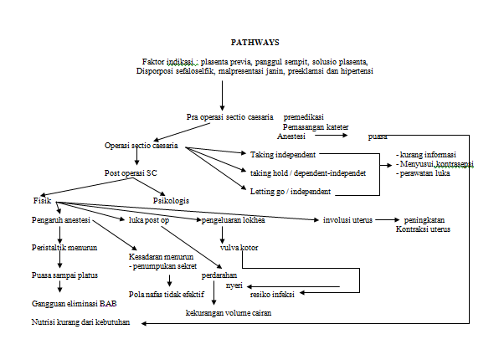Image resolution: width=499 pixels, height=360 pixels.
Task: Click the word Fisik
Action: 42,201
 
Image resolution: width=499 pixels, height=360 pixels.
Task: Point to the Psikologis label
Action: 172,201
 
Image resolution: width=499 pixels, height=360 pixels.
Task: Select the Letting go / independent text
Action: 288,192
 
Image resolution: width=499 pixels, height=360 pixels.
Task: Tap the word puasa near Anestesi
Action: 378,136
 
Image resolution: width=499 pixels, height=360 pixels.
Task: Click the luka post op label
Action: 150,220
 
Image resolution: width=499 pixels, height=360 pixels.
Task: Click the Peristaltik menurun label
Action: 60,249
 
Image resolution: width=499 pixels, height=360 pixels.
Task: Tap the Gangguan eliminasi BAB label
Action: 68,304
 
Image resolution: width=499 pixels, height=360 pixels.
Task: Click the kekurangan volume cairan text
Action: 229,313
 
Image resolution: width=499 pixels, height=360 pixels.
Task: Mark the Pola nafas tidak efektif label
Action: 167,294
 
